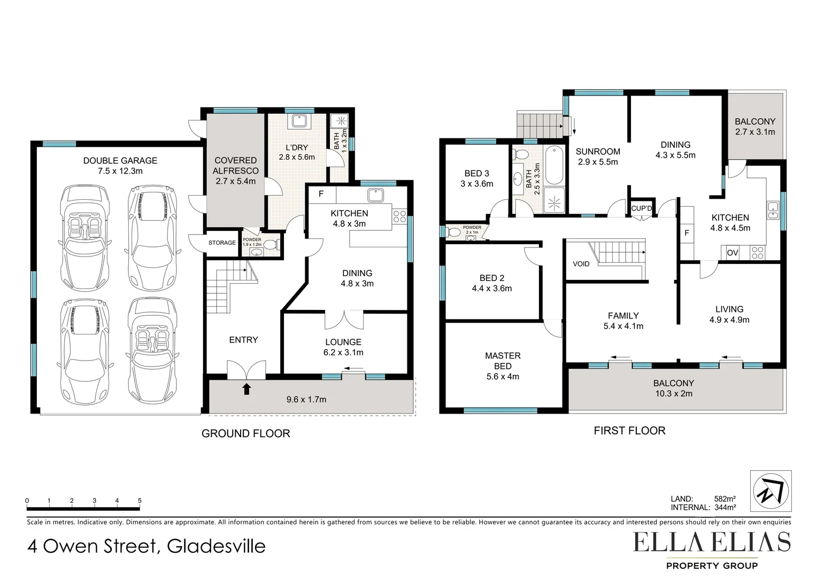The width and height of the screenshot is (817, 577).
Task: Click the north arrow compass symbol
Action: [x=770, y=491]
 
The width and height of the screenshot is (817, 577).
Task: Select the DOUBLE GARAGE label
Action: [x=120, y=160]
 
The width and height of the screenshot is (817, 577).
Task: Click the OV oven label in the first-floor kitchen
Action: [x=733, y=253]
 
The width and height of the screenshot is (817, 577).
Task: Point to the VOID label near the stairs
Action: [x=581, y=264]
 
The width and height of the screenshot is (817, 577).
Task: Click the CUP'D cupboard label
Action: [x=642, y=208]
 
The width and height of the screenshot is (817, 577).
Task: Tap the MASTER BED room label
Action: [x=503, y=361]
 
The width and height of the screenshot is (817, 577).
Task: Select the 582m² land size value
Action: [x=725, y=499]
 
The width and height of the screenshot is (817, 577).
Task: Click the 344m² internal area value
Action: [x=725, y=508]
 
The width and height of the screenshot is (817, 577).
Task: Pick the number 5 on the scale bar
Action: [x=140, y=501]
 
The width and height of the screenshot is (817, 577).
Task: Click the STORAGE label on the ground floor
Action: [x=222, y=243]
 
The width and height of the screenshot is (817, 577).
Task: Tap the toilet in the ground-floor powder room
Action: [x=271, y=245]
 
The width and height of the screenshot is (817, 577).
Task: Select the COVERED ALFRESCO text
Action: [x=236, y=166]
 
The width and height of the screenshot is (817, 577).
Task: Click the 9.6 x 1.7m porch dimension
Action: [x=306, y=399]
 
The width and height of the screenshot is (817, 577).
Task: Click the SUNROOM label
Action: [x=598, y=152]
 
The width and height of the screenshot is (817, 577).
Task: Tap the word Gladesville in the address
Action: [x=216, y=546]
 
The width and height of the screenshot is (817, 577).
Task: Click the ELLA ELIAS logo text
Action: [x=712, y=542]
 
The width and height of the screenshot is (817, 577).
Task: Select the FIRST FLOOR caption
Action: [x=629, y=431]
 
